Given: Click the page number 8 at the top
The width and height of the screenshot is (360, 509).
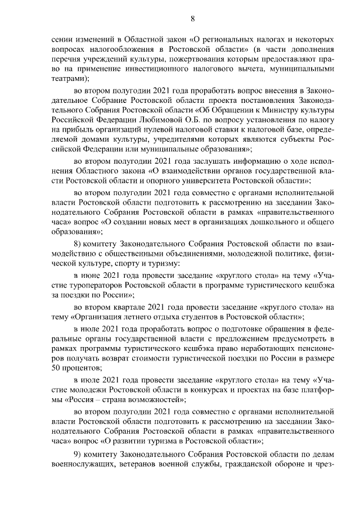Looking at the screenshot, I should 192,19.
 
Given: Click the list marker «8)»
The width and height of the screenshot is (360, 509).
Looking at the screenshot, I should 80,244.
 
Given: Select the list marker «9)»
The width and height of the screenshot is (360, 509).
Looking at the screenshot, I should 80,454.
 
